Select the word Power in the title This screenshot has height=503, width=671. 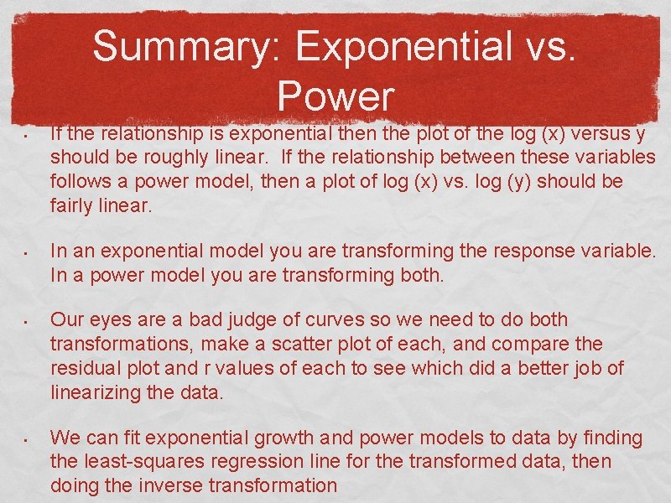[x=335, y=96]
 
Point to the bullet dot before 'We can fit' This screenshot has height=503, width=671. [x=28, y=439]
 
